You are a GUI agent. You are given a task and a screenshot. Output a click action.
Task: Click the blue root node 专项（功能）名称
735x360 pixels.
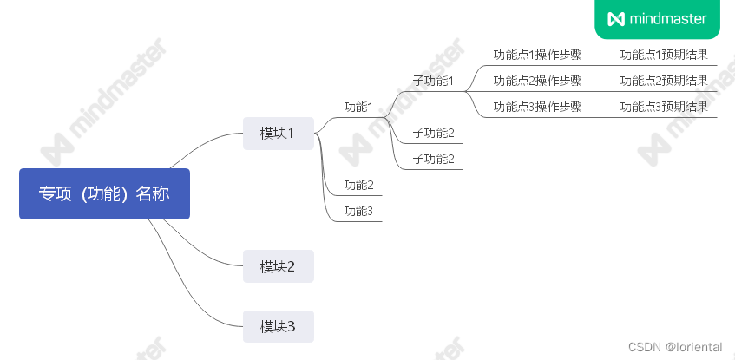pos(104,193)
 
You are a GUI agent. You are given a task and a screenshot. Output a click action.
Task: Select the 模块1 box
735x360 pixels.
pos(278,133)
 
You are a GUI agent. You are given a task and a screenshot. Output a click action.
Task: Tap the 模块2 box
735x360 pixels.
pos(278,266)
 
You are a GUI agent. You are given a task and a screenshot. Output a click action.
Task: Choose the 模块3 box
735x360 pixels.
pos(278,326)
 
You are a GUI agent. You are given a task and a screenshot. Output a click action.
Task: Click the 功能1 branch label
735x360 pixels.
pos(358,107)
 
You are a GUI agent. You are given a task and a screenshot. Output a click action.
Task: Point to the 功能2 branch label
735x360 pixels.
pos(358,185)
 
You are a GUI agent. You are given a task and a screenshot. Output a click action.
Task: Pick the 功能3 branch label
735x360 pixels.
pos(358,211)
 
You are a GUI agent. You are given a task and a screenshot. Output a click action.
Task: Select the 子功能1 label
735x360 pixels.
pos(433,81)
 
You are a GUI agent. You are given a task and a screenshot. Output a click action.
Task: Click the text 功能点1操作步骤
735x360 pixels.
pos(537,55)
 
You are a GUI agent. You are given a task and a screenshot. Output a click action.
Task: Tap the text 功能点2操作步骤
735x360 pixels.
pos(537,81)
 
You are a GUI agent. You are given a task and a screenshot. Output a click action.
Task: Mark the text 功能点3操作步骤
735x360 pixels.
pos(537,107)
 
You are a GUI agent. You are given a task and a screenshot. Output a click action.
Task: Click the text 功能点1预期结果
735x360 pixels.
pos(664,55)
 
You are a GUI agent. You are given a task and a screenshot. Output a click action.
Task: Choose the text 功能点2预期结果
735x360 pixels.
pos(664,81)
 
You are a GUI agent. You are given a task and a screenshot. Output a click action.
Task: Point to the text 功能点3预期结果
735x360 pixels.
pos(664,107)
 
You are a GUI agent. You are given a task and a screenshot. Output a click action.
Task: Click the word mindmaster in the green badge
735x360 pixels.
pos(668,18)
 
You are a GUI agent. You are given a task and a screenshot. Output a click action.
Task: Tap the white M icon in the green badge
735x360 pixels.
pos(616,18)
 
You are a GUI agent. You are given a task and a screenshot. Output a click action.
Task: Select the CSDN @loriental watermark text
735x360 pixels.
pos(675,347)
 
